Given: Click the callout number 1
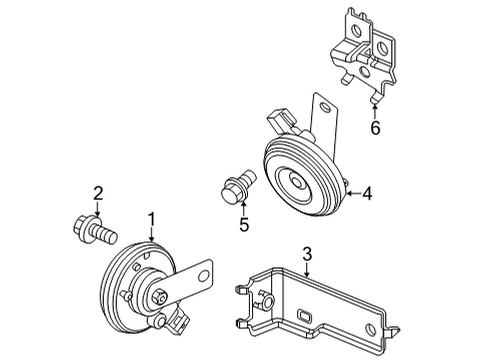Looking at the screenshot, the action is coord(152,220).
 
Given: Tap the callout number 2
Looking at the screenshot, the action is coord(98,193).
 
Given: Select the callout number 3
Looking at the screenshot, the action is coord(307,254).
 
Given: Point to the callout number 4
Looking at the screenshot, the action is coord(367,193).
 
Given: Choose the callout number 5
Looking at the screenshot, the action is coord(244,224).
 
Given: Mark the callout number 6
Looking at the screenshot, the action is coord(375,128).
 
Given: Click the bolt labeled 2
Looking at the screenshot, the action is coord(95,230).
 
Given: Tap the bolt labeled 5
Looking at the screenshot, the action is coord(238,186).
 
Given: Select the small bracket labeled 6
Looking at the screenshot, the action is coord(364,53).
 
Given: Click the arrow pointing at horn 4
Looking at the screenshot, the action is coord(354,193).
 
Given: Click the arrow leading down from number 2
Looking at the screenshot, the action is coord(97,209).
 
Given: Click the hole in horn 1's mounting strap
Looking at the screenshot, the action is coord(203,276).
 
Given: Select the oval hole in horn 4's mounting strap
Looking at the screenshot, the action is coord(324,107).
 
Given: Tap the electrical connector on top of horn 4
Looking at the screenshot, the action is coord(282,120).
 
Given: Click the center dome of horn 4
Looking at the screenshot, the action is coord(294,182).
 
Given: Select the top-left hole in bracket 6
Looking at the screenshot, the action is coord(356,31).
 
